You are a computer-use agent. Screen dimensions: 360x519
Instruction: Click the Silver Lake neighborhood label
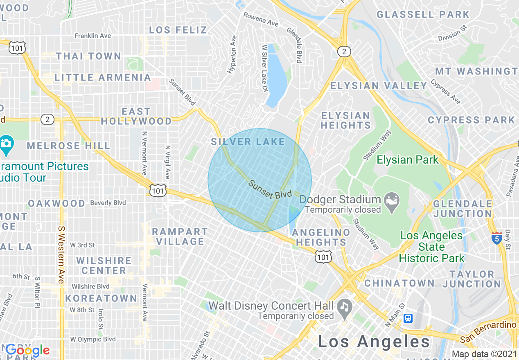click(248, 142)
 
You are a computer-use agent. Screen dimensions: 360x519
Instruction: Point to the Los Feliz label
click(178, 30)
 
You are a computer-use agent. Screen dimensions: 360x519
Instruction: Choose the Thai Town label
click(88, 56)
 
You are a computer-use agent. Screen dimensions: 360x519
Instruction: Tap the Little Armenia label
click(103, 77)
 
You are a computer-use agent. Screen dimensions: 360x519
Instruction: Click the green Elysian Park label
click(407, 160)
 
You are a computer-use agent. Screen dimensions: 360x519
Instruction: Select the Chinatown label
click(399, 283)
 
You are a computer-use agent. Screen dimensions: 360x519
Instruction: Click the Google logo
click(27, 350)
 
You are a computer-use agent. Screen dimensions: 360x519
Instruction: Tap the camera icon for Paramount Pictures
click(6, 144)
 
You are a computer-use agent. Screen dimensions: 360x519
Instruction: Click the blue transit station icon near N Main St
click(408, 318)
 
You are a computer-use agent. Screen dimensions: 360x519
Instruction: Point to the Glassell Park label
click(423, 15)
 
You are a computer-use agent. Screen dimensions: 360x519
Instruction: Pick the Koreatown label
click(101, 298)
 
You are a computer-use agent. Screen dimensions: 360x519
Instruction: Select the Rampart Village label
click(178, 236)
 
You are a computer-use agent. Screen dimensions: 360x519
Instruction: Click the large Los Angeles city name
click(374, 342)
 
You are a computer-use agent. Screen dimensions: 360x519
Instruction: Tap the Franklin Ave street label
click(93, 36)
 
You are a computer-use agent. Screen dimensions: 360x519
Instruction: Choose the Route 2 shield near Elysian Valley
click(344, 52)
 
